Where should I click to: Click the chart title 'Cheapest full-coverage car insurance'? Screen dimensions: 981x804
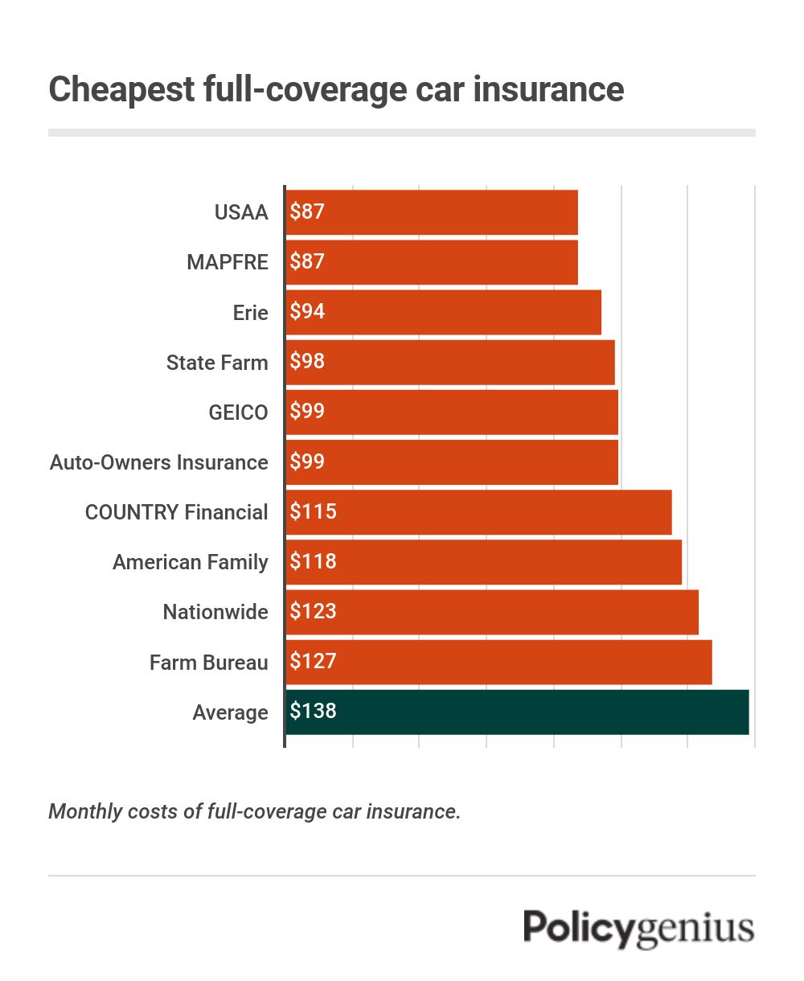coord(336,88)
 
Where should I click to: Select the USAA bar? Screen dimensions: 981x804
coord(432,212)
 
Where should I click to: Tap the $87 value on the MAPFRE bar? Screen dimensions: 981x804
coord(307,262)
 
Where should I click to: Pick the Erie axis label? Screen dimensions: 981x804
coord(250,313)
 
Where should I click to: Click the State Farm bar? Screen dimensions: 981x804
coord(450,362)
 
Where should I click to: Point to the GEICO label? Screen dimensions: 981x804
coord(238,413)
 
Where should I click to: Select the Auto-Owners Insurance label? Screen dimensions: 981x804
coord(159,462)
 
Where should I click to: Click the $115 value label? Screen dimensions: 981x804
coord(313,512)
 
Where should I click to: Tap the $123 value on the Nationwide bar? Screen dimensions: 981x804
coord(313,612)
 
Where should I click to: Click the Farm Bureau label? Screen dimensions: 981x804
coord(209,663)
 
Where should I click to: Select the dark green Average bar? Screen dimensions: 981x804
coord(517,712)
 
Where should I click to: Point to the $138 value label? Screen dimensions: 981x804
coord(313,712)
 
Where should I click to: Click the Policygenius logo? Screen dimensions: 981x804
coord(639,929)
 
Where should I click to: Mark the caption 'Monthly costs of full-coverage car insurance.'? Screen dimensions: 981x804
coord(255,811)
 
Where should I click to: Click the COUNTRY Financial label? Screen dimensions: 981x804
coord(177,512)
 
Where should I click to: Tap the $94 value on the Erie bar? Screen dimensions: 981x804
coord(307,312)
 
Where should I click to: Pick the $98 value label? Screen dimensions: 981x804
coord(307,362)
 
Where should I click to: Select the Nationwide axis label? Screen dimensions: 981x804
coord(215,612)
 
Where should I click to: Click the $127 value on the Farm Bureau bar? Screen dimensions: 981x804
coord(313,662)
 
